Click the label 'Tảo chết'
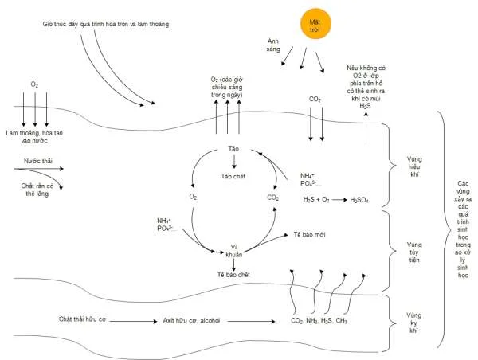pos(233,176)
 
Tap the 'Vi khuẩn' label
pos(234,250)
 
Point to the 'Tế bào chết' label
pos(233,275)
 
